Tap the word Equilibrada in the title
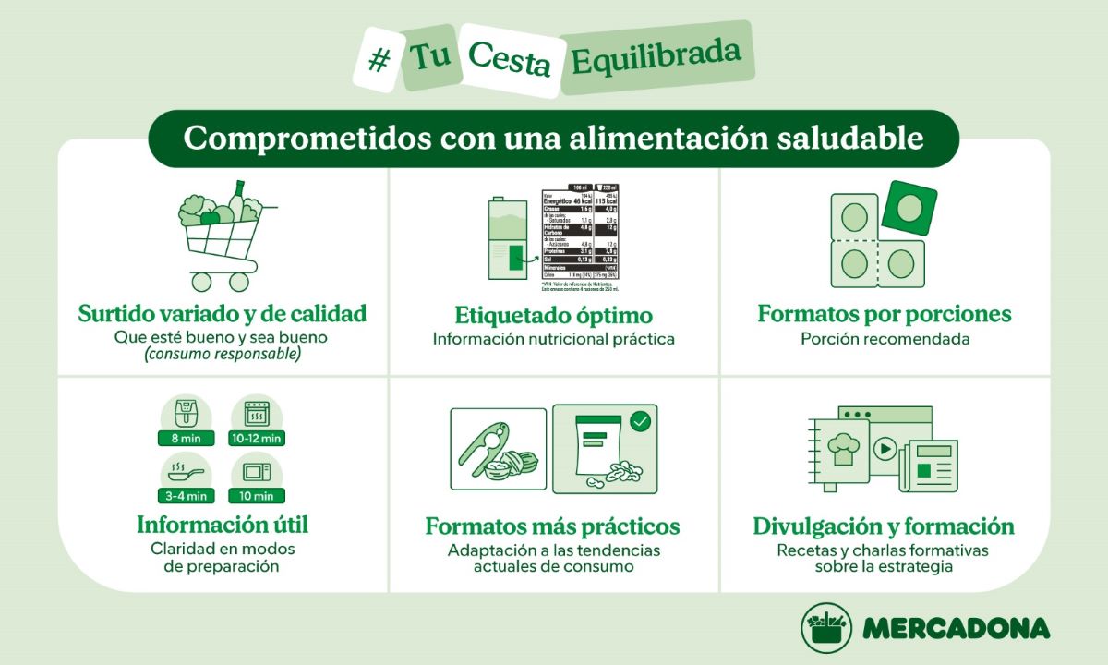click(x=656, y=57)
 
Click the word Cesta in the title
click(x=509, y=58)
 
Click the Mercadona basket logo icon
click(x=825, y=628)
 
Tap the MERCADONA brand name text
click(x=956, y=628)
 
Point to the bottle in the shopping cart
click(x=237, y=199)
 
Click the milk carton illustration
click(x=506, y=240)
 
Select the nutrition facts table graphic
click(x=591, y=235)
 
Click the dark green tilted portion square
click(x=909, y=206)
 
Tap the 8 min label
click(x=186, y=438)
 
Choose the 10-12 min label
click(x=257, y=438)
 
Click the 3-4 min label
click(x=186, y=496)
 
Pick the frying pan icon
click(x=185, y=472)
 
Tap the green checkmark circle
click(x=640, y=423)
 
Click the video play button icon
click(x=885, y=449)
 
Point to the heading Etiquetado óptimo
click(x=554, y=315)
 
